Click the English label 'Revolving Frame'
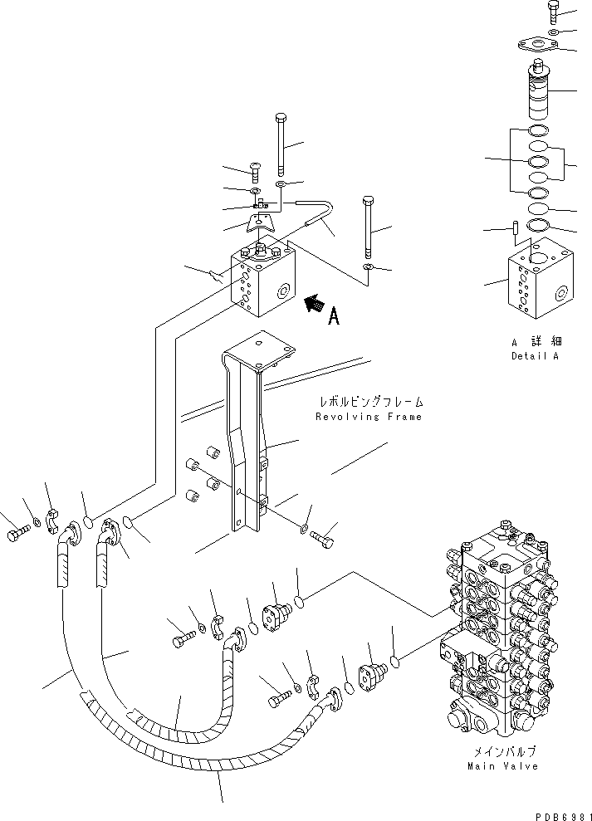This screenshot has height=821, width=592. [x=368, y=417]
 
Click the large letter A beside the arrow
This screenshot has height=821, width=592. [x=334, y=315]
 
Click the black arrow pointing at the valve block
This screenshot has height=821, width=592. [x=313, y=305]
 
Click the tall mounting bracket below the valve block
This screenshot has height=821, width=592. [x=246, y=448]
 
